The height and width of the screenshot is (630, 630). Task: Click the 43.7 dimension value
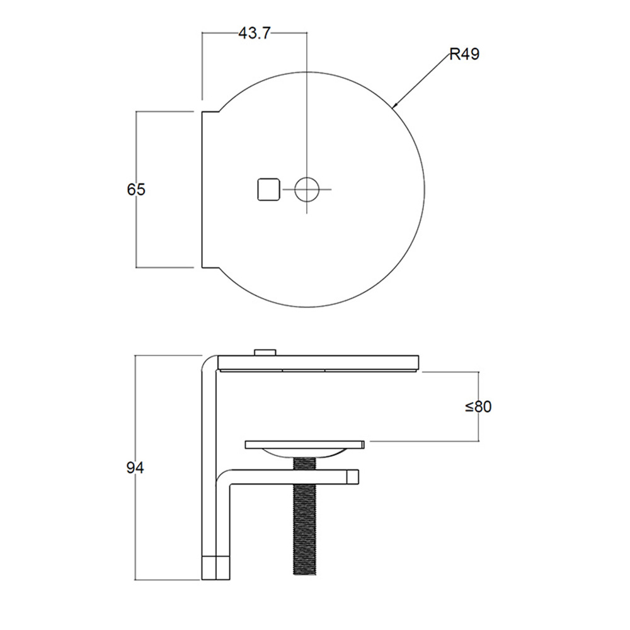255,33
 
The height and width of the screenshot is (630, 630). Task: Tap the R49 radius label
464,54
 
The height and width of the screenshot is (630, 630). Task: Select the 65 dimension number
136,189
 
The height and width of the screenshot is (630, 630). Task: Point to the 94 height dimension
135,467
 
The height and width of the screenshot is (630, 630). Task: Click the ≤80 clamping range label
478,406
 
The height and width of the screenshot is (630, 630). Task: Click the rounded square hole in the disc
268,189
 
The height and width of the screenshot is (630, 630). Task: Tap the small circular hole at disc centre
307,189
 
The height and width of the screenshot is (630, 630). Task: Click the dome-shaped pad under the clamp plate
305,453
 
